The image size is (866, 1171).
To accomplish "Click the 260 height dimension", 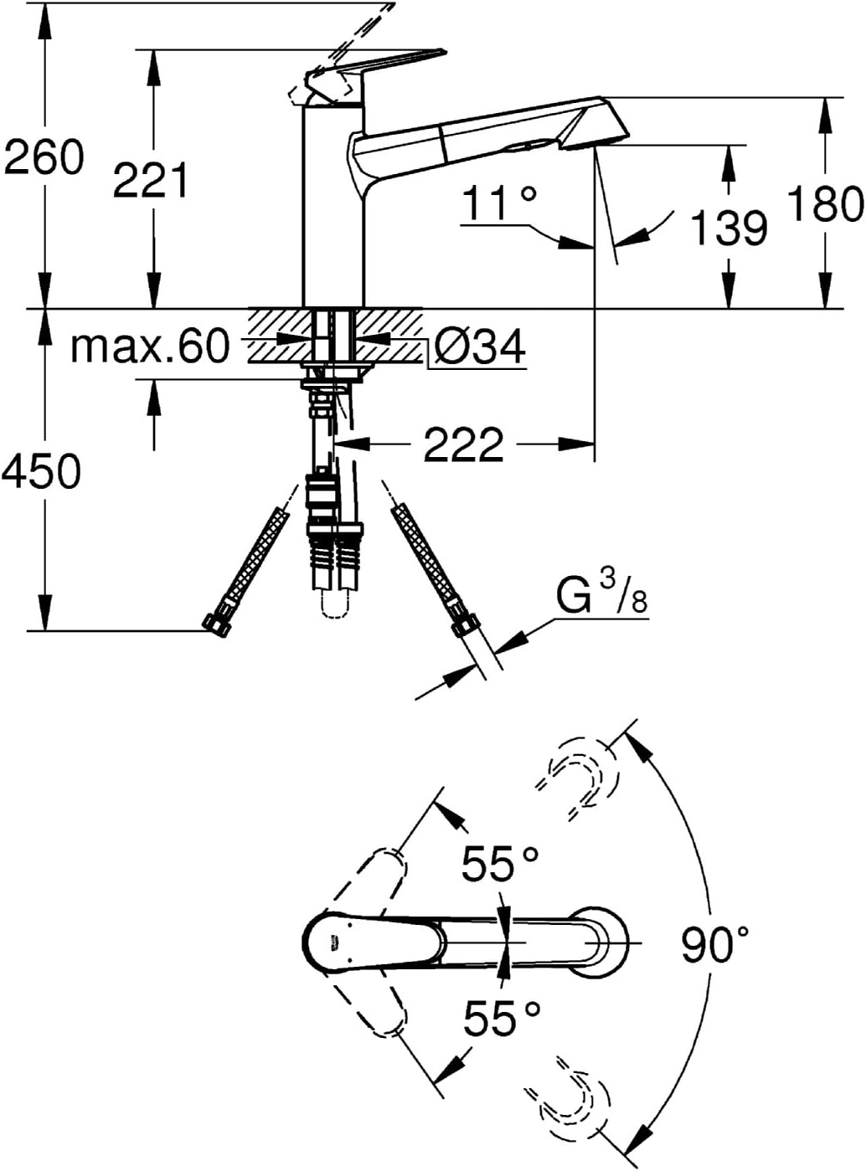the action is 44,157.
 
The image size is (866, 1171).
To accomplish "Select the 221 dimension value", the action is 150,180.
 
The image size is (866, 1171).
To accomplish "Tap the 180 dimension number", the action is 826,203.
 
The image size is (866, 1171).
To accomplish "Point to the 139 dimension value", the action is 729,228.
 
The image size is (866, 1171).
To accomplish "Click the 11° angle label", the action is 500,203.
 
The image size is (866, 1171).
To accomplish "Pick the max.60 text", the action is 151,346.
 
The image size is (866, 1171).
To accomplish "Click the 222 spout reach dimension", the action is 463,445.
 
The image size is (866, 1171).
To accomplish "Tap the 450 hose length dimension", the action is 42,470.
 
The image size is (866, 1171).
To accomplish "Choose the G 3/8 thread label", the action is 601,594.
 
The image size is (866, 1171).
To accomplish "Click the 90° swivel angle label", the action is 715,944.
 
